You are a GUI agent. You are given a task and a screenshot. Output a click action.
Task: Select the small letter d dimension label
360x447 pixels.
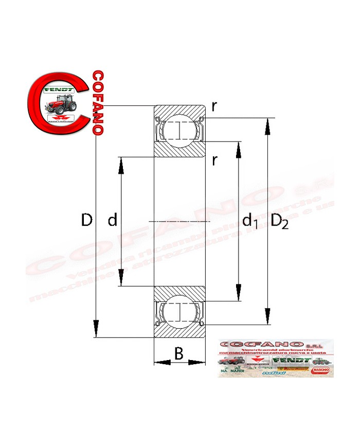coord(113,221)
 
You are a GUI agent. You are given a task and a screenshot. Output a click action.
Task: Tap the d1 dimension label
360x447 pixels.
coord(250,222)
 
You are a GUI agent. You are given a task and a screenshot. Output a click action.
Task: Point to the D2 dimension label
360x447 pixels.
coord(280,221)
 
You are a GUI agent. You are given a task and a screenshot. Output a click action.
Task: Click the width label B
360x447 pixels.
coord(178,353)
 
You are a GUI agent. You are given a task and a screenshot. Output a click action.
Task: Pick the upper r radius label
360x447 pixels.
coord(214,106)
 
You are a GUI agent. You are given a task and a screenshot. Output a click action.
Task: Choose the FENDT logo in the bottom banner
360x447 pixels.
coord(291,361)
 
